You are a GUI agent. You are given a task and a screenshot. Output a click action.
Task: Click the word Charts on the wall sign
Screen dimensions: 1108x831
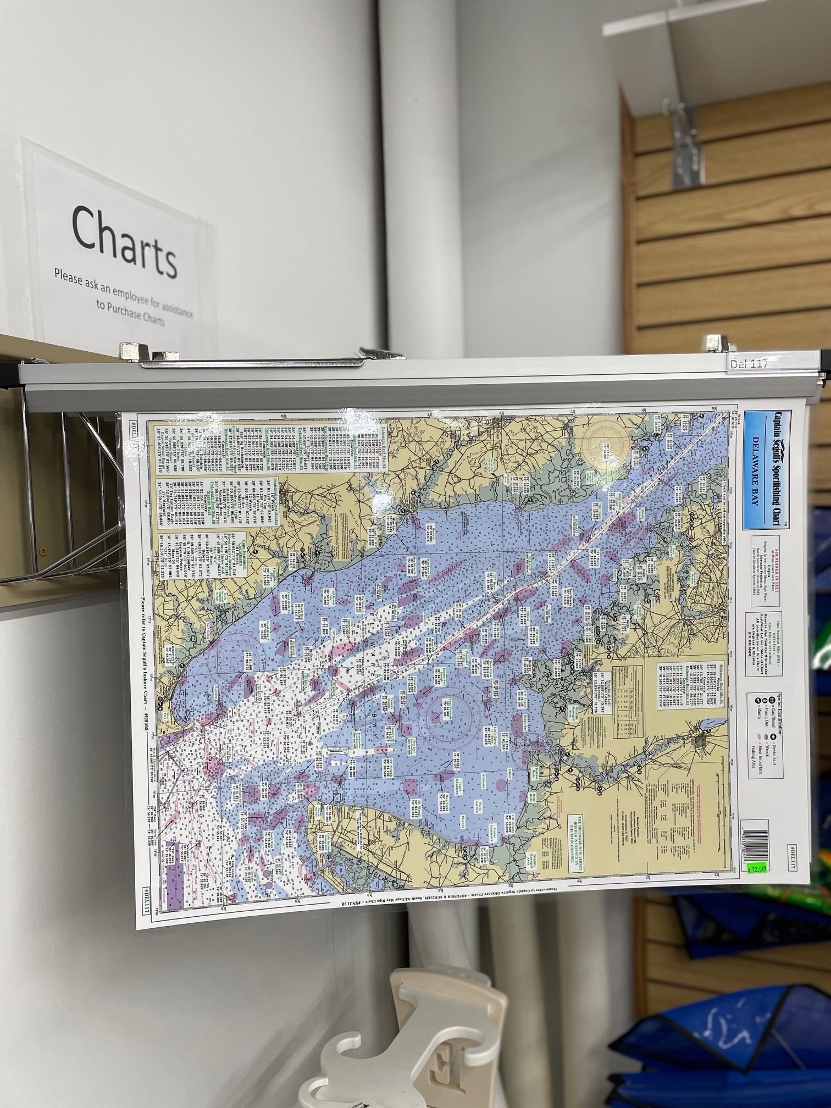(124, 242)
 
